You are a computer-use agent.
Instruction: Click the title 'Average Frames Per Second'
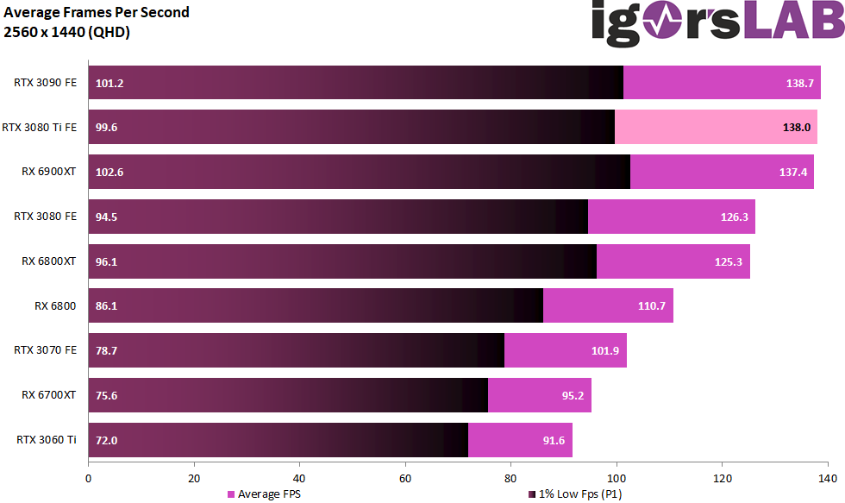(x=97, y=12)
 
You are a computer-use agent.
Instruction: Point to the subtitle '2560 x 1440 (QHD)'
(x=67, y=32)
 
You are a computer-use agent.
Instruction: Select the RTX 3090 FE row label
(x=45, y=83)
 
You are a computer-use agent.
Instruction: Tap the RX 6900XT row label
(x=49, y=172)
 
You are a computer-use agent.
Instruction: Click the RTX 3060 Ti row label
(x=47, y=440)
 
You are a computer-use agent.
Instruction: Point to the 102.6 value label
(x=110, y=172)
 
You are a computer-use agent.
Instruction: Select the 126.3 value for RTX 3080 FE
(x=735, y=217)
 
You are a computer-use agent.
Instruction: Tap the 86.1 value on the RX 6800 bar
(x=107, y=306)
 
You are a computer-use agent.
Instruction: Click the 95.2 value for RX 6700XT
(x=571, y=395)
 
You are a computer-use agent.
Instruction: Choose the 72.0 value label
(x=107, y=440)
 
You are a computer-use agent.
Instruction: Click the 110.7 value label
(x=653, y=306)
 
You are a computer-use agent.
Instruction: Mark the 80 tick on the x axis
(x=510, y=477)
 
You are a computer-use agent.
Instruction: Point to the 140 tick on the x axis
(x=827, y=477)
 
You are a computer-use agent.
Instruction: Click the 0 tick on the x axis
(x=88, y=477)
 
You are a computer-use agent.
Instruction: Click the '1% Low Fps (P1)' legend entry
(x=579, y=494)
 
